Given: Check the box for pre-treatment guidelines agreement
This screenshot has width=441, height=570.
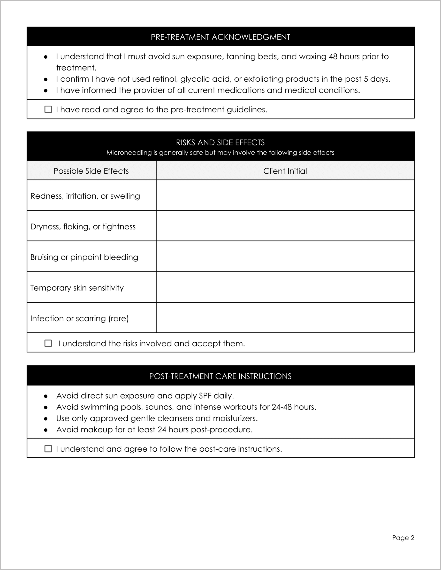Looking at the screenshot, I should click(48, 109).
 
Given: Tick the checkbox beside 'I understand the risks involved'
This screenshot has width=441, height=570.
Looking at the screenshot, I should click(48, 343).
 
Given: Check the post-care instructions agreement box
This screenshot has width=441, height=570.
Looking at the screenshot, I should click(48, 449).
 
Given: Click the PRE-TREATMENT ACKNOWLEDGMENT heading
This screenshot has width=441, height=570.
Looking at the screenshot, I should click(220, 37).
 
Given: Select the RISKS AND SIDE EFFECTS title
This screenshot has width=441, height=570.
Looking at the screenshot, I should click(220, 143).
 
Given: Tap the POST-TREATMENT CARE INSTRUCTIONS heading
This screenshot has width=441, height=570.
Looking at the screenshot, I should click(220, 376).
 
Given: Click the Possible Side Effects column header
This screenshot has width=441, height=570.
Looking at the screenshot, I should click(91, 171).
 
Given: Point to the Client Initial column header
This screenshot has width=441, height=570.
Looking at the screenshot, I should click(285, 171).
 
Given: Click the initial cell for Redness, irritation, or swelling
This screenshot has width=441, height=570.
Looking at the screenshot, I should click(285, 196).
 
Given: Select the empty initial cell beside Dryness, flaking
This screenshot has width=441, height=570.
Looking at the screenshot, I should click(285, 226).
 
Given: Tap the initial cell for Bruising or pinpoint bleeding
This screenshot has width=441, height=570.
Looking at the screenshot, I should click(285, 257).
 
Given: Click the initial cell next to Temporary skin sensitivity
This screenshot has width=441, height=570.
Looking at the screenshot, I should click(285, 287).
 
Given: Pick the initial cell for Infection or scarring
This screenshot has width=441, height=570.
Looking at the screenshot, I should click(285, 318).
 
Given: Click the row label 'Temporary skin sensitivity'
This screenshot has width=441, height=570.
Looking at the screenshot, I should click(77, 288).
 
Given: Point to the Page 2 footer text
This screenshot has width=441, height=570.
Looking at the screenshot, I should click(403, 538).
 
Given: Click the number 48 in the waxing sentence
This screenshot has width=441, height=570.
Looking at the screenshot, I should click(333, 57).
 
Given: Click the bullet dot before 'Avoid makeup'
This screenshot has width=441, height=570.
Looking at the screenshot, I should click(46, 430).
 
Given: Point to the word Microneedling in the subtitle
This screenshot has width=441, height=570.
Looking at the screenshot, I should click(129, 153).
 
